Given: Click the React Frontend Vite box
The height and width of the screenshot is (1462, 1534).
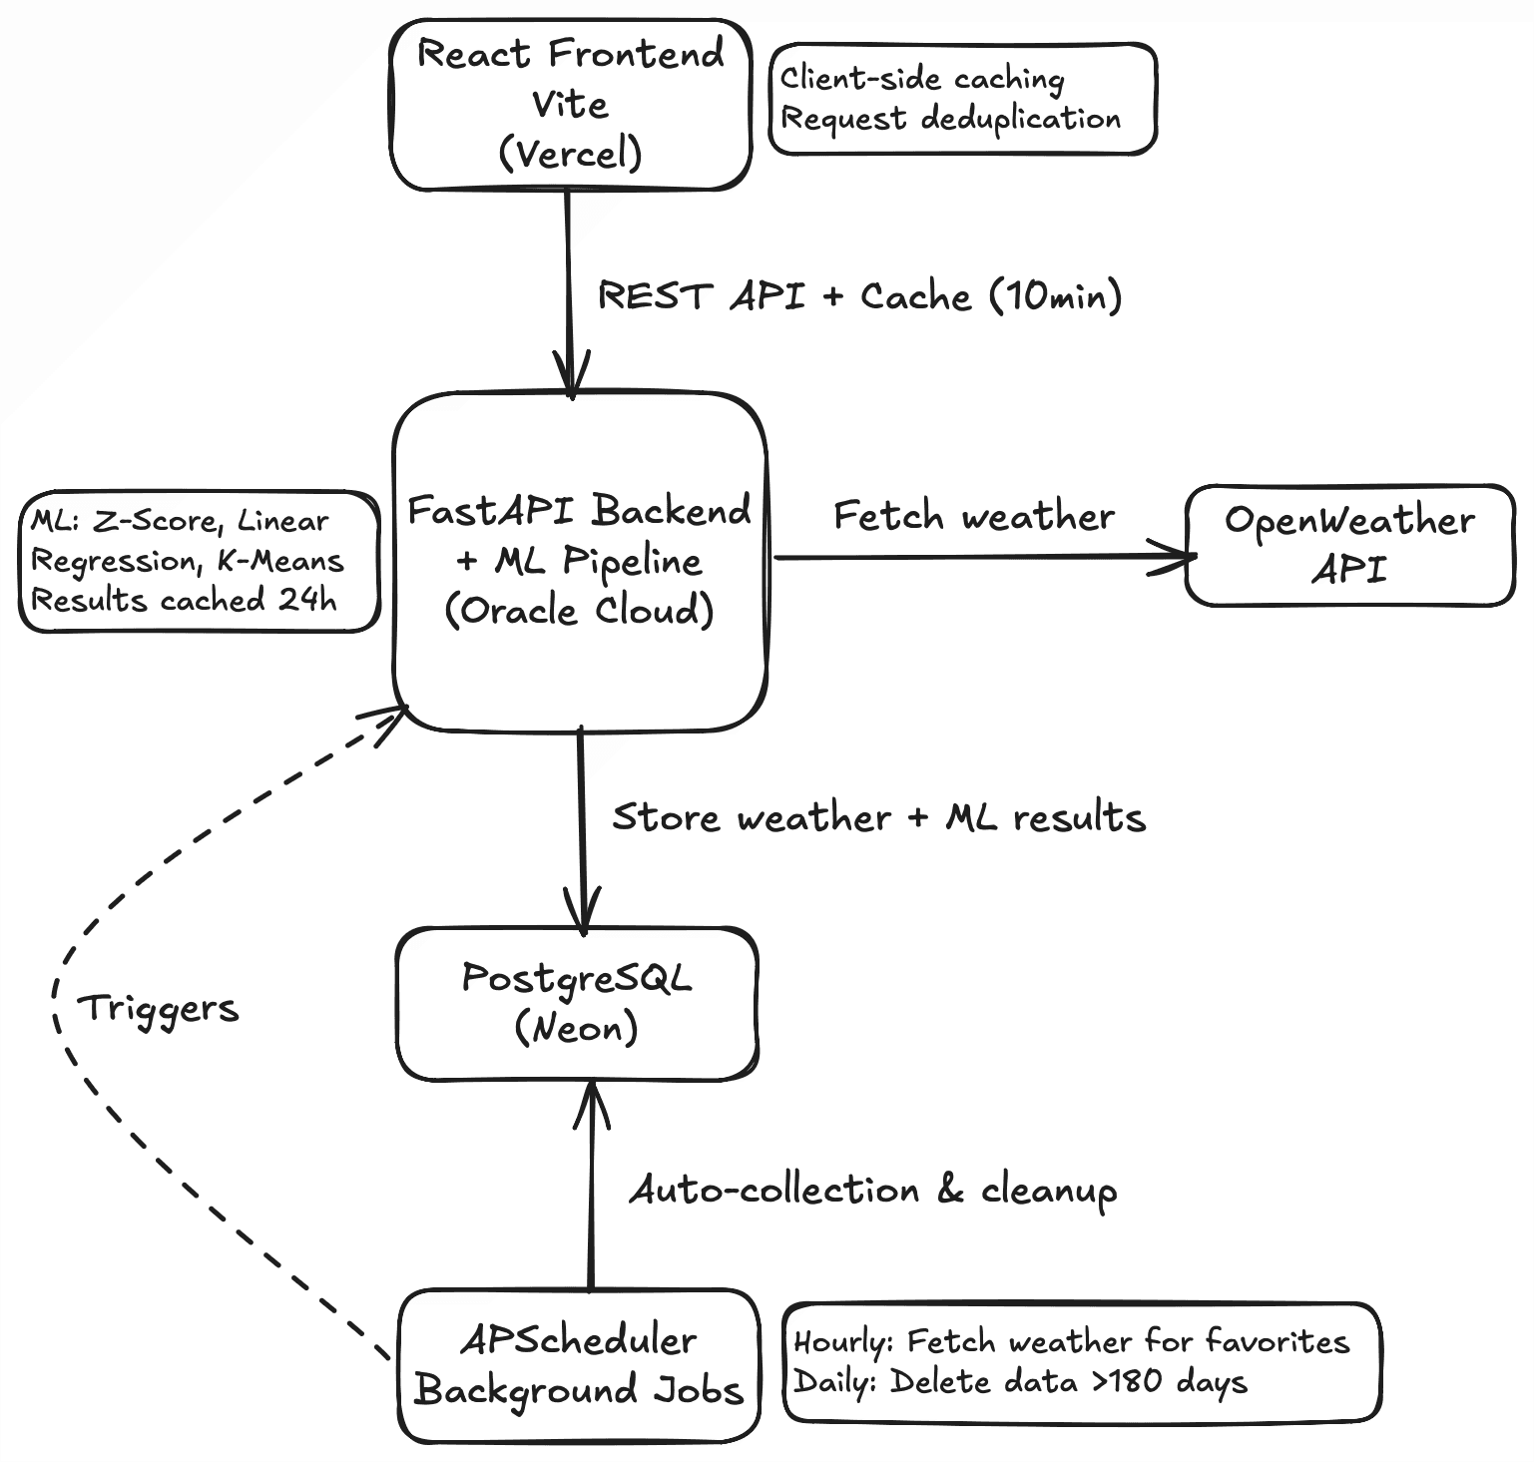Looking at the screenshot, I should (570, 104).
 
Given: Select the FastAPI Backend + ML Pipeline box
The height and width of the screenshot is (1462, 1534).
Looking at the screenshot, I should (579, 561).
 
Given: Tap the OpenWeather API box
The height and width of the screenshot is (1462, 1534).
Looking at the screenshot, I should (1349, 545).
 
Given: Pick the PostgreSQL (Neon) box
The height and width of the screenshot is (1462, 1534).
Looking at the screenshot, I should (577, 1003).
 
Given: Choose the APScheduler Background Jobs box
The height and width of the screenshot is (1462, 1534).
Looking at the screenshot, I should (578, 1365).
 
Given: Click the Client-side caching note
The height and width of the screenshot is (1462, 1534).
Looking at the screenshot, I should (962, 98).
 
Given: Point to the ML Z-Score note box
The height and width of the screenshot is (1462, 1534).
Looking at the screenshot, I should (199, 561).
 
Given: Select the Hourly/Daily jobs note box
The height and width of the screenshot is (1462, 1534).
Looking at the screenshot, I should (1082, 1361).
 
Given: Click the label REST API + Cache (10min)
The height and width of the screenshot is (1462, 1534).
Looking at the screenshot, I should (859, 296).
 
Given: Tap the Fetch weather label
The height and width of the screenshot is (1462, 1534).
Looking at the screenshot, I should (974, 516).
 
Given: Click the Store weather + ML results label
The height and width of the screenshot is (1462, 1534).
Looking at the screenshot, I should (878, 817).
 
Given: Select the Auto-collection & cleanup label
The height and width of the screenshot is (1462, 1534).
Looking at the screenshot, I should (872, 1190).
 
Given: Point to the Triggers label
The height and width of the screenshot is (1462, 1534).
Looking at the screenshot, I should (159, 1008).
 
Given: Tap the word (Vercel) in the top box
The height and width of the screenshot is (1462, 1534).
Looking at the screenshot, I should (570, 154).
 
